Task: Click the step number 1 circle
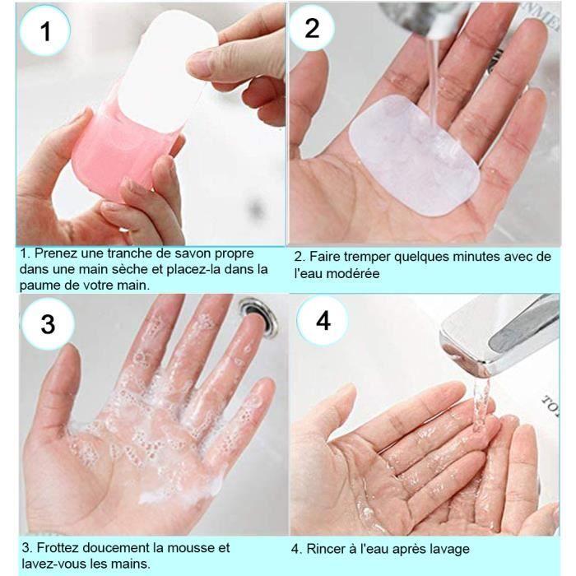[x=45, y=31]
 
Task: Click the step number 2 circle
[x=312, y=28]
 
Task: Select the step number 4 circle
[x=323, y=320]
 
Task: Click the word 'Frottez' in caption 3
[x=60, y=548]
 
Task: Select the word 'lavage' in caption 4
[x=449, y=549]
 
